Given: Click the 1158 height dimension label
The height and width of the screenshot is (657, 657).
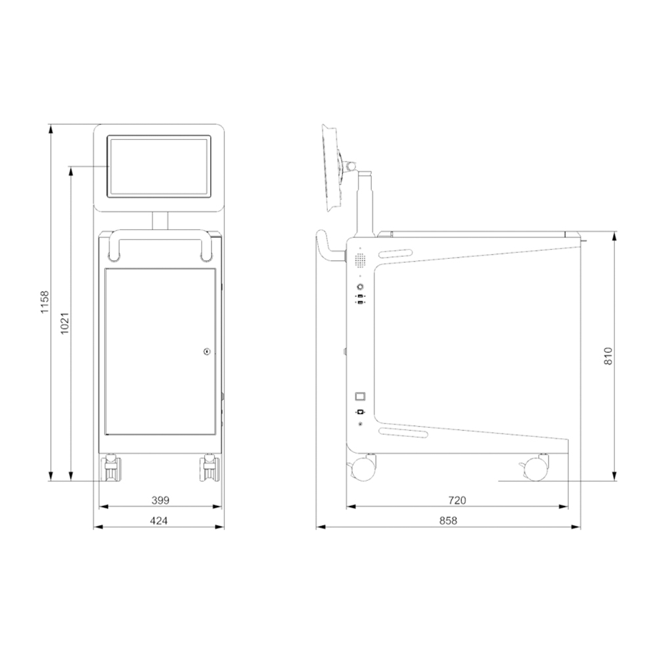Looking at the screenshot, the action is (45, 302).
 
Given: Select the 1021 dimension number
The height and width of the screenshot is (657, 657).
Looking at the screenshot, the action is (64, 323).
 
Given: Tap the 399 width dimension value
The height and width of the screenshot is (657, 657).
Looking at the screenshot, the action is (160, 500).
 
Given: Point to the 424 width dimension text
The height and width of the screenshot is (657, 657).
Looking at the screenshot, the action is (159, 520).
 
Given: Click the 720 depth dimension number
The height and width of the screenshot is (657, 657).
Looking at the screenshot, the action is (457, 500).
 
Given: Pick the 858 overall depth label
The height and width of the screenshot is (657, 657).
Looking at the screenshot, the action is (448, 520).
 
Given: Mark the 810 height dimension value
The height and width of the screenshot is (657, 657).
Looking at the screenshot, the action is (608, 356).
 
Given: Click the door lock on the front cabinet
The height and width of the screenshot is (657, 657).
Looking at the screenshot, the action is (206, 351).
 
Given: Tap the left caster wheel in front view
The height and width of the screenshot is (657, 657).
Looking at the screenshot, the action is (111, 468).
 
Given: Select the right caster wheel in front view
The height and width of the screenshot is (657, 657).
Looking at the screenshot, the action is (210, 468).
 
